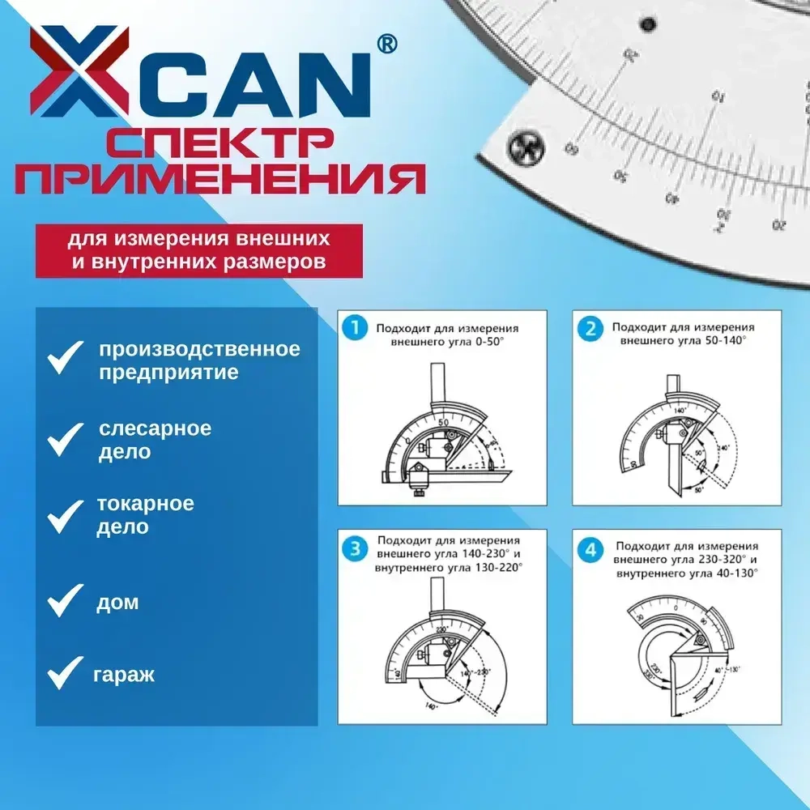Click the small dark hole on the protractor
click(x=646, y=24)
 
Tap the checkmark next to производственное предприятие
click(x=66, y=358)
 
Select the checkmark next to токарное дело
click(x=66, y=515)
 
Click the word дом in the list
click(x=117, y=603)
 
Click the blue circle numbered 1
click(x=354, y=327)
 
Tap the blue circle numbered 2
click(x=590, y=327)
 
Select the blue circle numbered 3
click(x=354, y=549)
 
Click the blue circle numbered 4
click(x=590, y=550)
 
